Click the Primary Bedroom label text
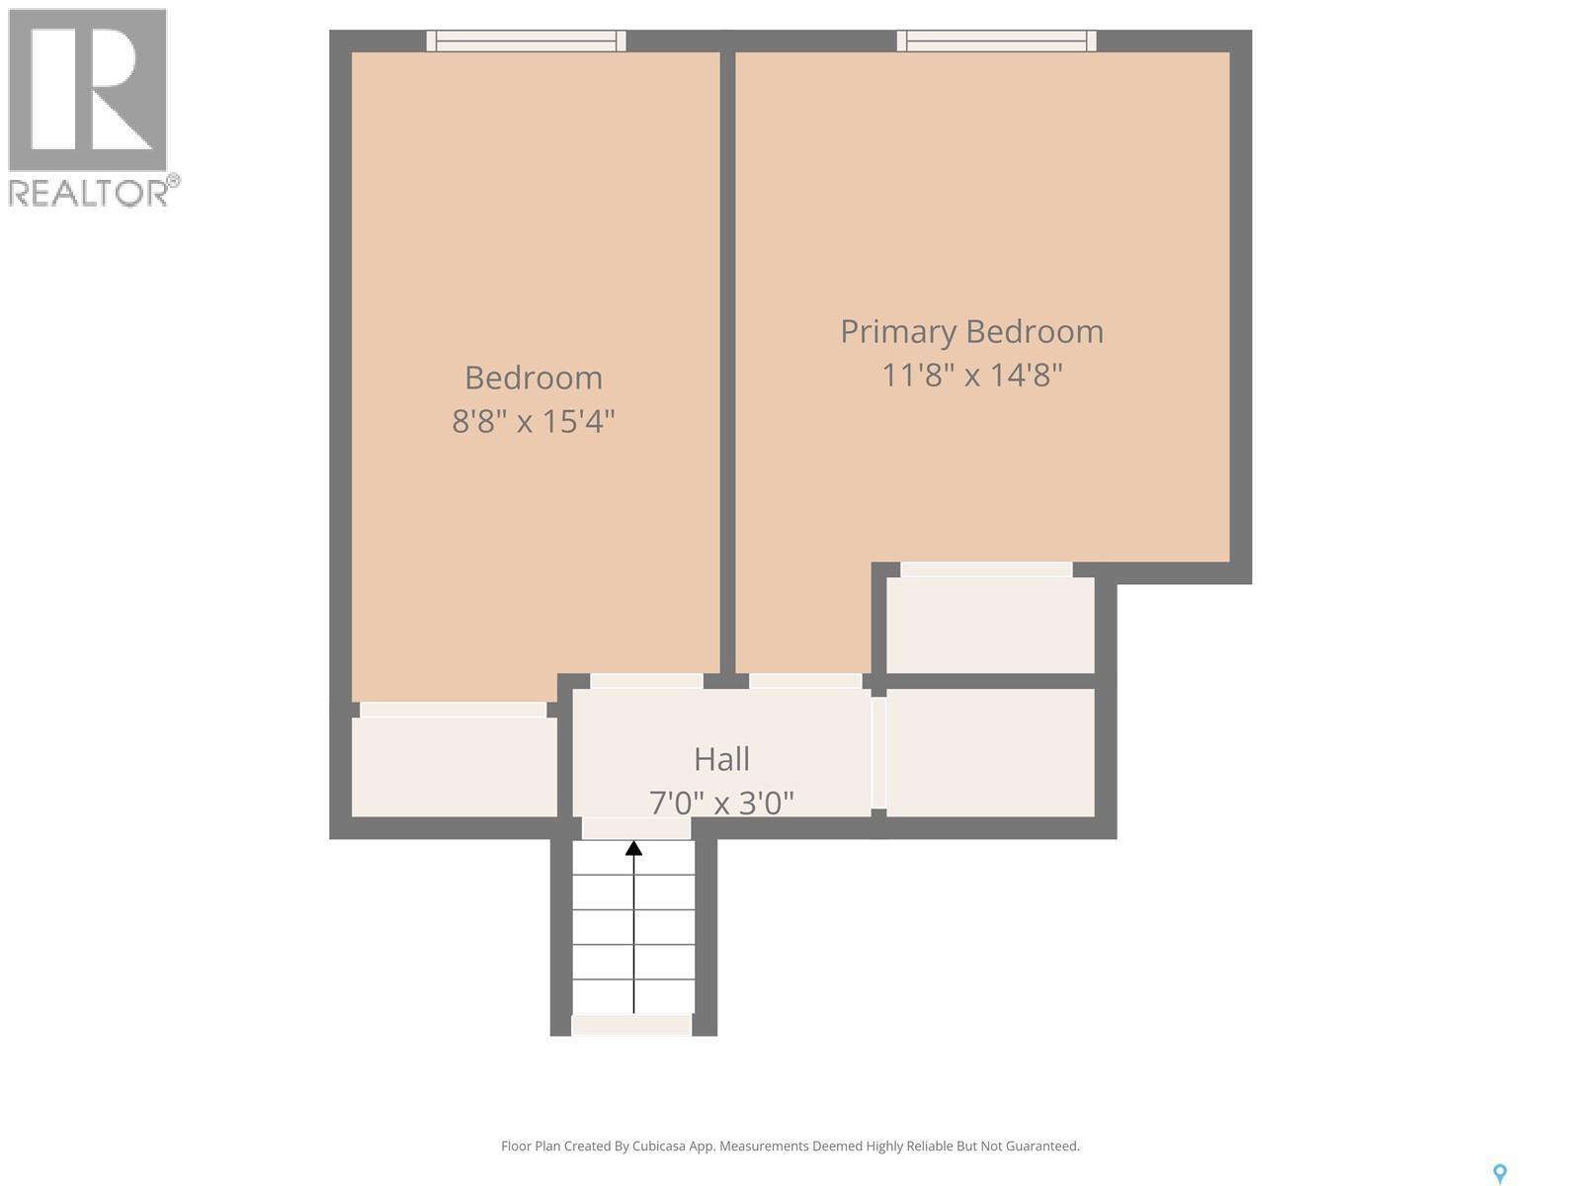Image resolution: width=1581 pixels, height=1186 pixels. coord(971,332)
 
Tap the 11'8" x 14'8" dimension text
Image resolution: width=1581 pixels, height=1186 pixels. coord(971,376)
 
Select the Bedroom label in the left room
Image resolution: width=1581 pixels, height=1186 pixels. coord(533,378)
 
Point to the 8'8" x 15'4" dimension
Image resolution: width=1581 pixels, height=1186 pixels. coord(533,422)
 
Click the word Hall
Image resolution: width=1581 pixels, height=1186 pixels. coord(721,759)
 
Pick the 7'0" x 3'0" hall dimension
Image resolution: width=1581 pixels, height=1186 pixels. coord(721,802)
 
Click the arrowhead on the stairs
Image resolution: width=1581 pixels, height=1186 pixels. coord(633,848)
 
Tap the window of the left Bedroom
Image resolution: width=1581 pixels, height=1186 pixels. coord(526,41)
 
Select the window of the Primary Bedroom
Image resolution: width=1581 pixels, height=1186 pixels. coord(996,41)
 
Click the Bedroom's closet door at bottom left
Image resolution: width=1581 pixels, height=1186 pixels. coord(453,710)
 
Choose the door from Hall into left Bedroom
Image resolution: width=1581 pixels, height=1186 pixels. coord(646,681)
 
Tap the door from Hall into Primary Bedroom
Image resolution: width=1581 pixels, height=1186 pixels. coord(805,681)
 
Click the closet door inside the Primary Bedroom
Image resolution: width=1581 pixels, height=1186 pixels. coord(986,569)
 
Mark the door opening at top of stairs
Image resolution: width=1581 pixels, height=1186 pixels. coord(635,828)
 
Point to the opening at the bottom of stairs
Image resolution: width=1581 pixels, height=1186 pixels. coord(631,1026)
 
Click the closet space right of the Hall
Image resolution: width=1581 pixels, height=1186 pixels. coord(990,753)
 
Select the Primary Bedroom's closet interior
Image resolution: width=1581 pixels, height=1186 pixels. coord(990,626)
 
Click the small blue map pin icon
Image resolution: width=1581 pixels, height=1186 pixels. coord(1499,1173)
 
